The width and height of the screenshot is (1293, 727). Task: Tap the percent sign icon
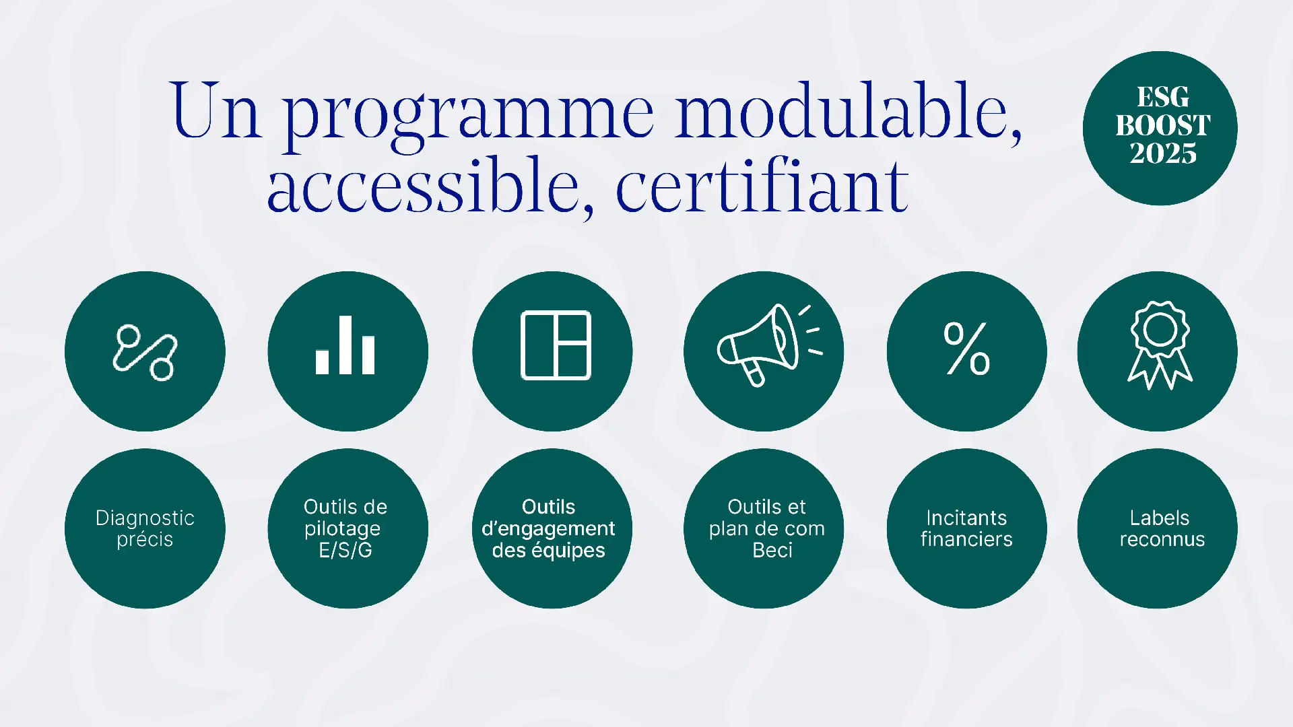(x=967, y=348)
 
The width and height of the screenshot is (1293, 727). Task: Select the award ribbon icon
(x=1160, y=345)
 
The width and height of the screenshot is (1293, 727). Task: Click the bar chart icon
(x=345, y=345)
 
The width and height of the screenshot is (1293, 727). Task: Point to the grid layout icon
(x=556, y=345)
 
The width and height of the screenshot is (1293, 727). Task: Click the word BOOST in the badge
(x=1163, y=125)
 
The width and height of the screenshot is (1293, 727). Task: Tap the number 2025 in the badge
(x=1163, y=153)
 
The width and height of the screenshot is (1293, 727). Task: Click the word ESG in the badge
(x=1163, y=97)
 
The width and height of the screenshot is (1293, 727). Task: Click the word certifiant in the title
(x=762, y=184)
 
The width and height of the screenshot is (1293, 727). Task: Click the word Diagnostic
(x=145, y=518)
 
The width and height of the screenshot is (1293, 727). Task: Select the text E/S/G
(x=345, y=550)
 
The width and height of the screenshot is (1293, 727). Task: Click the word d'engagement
(x=548, y=529)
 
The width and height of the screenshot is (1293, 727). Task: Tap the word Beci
(x=772, y=550)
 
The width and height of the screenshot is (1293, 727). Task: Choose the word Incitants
(x=966, y=518)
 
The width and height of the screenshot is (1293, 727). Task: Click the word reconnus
(x=1162, y=539)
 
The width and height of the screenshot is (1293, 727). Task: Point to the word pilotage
(x=342, y=529)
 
